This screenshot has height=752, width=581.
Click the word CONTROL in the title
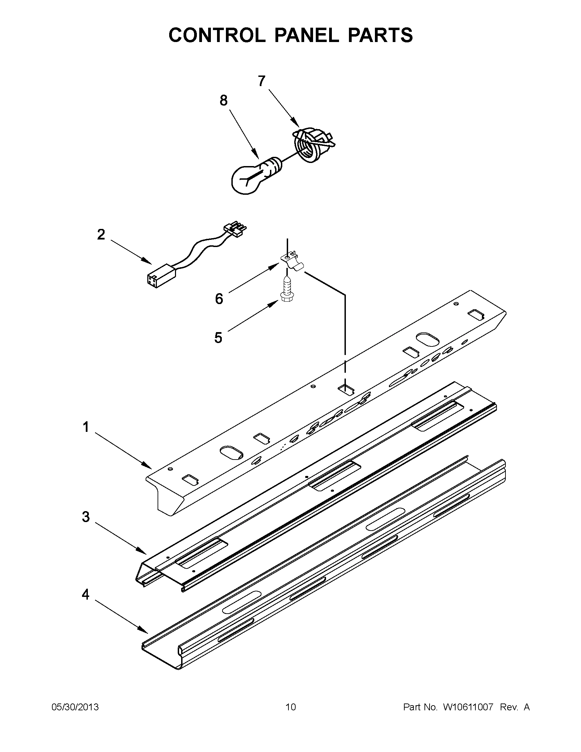[217, 35]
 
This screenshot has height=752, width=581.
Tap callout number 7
[261, 81]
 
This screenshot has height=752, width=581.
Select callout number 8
[224, 100]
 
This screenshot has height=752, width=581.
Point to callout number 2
[101, 235]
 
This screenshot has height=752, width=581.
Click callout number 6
[219, 299]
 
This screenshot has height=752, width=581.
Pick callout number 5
[218, 338]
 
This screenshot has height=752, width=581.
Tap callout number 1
[86, 427]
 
